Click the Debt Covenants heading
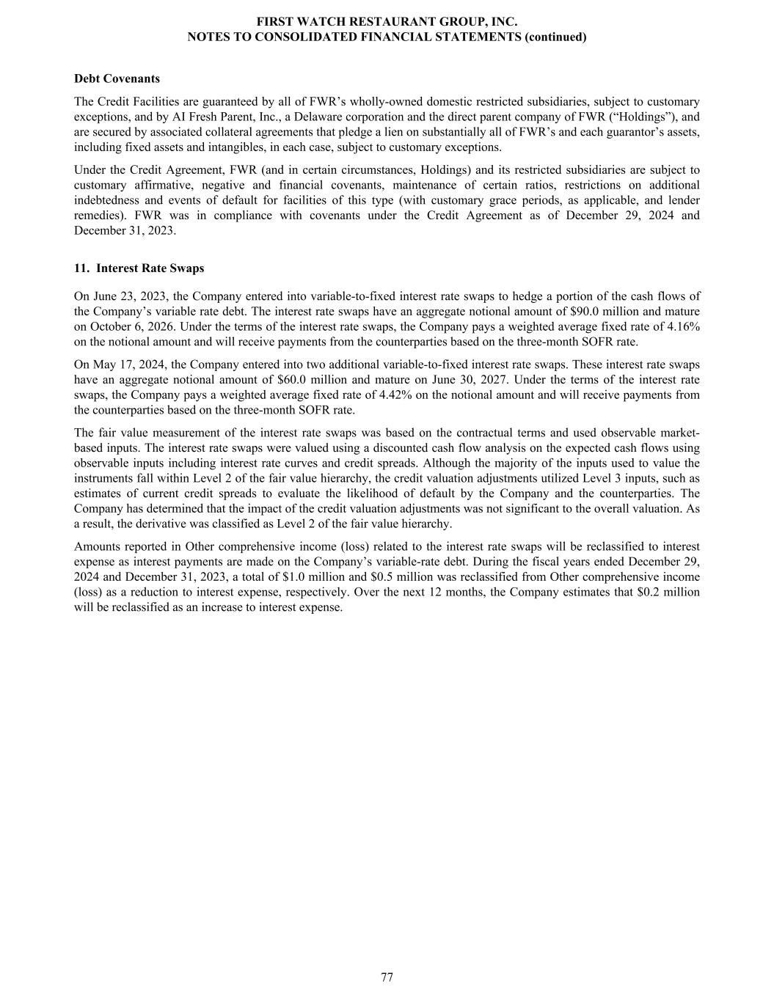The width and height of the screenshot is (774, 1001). click(x=117, y=78)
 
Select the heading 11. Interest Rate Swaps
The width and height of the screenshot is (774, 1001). click(x=139, y=268)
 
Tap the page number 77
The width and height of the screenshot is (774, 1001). click(x=387, y=977)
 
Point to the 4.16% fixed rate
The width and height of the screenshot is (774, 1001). click(x=682, y=326)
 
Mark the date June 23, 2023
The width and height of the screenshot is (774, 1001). click(x=123, y=296)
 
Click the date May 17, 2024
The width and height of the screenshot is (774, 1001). click(x=123, y=364)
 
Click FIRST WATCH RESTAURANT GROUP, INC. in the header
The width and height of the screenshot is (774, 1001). click(x=387, y=23)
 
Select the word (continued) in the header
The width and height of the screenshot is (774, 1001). click(x=555, y=37)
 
